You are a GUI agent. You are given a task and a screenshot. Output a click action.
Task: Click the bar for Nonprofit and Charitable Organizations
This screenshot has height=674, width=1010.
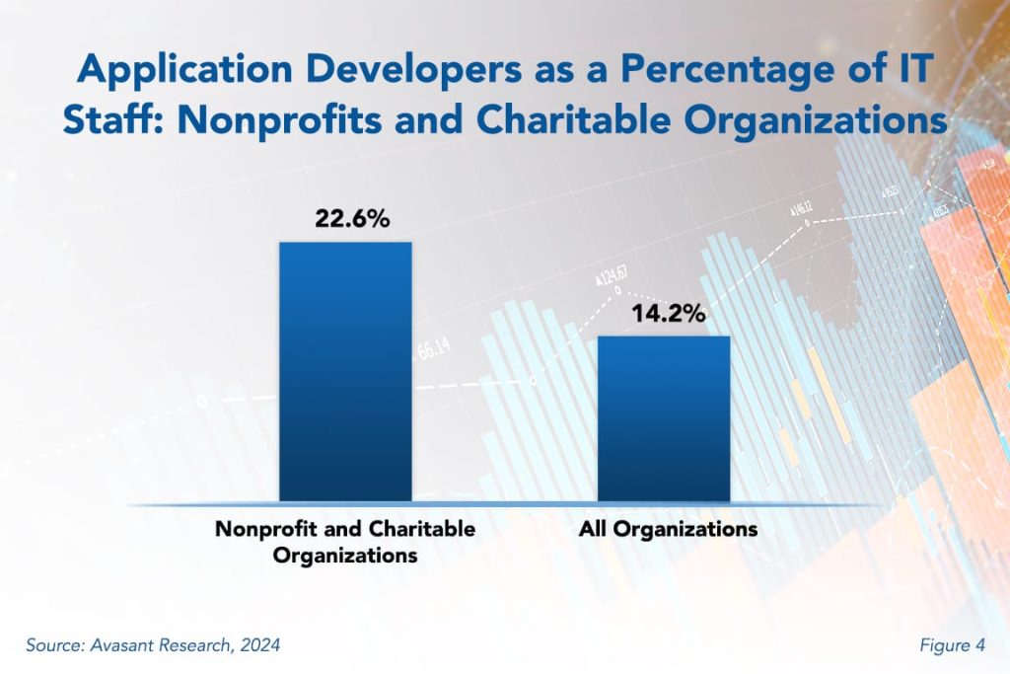click(345, 372)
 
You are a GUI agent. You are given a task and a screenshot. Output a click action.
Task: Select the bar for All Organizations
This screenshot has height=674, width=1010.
click(664, 418)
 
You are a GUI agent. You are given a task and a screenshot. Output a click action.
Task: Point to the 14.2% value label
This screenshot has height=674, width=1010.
click(664, 314)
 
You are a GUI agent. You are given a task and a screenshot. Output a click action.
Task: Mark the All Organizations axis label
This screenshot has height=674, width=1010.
click(668, 529)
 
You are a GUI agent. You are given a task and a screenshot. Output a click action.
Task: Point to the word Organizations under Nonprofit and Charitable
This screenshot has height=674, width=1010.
click(345, 555)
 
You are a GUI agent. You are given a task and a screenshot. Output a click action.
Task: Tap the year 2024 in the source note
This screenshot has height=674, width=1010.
click(259, 645)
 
